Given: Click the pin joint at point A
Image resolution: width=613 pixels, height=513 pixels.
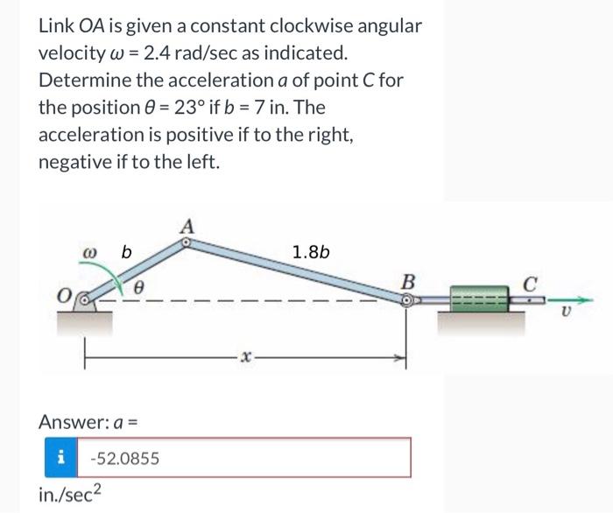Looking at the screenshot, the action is coord(186,246).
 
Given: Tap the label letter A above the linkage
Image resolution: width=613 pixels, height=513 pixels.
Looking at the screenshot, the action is coord(187,226).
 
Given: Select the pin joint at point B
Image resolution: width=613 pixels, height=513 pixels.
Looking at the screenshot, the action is coord(407,299).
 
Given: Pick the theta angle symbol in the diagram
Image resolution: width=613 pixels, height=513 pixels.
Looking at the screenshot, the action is coord(138,286).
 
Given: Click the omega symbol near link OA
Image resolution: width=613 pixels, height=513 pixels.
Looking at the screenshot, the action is coord(88,253).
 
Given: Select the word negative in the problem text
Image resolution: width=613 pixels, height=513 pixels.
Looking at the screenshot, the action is coord(74,162).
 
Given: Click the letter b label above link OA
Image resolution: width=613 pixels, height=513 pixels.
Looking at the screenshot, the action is coord(126,253).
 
